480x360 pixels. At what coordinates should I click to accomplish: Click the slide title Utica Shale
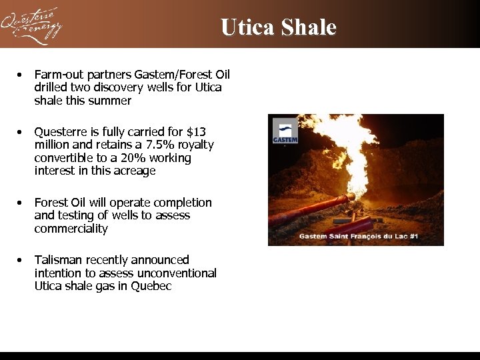pos(278,27)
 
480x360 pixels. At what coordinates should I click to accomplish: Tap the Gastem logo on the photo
pos(285,132)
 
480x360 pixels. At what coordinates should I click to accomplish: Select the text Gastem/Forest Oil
pos(182,75)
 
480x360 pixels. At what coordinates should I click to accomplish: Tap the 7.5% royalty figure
pos(154,145)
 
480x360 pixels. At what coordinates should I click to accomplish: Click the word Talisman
pos(56,260)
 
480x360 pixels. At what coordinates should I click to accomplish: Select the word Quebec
pos(151,286)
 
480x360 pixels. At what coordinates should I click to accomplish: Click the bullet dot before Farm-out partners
pos(22,75)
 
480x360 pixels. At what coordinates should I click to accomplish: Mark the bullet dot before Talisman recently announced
pos(22,260)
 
